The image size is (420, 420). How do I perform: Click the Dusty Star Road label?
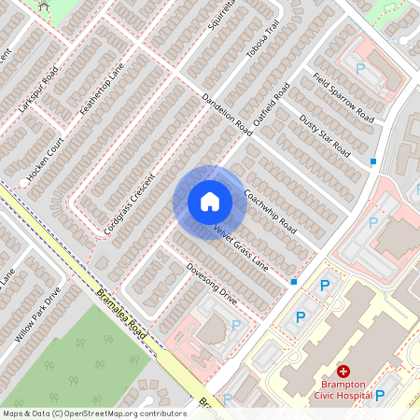[x=324, y=135]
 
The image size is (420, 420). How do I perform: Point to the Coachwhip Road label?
[x=270, y=213]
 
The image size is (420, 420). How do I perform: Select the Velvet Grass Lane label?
[x=240, y=248]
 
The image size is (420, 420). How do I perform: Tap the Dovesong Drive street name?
[x=212, y=285]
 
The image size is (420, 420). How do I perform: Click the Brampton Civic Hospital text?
[x=343, y=388]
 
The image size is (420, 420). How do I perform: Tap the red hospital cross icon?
[x=343, y=371]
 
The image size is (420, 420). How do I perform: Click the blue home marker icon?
[x=209, y=201]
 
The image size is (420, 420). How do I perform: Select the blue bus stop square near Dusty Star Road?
[x=373, y=161]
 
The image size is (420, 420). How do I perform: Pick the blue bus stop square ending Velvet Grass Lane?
[x=293, y=281]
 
